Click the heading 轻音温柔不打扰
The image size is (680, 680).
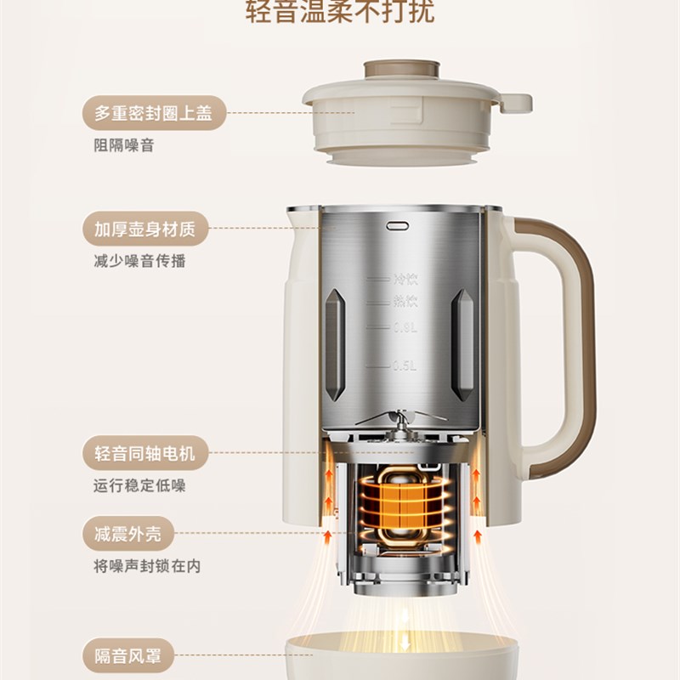coord(339,12)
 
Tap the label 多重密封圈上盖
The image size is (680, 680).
coord(153,112)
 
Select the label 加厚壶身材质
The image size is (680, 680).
coord(144,229)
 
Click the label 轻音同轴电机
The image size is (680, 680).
coord(144,453)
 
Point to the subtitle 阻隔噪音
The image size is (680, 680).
coord(124,145)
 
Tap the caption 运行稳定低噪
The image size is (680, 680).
coord(139,486)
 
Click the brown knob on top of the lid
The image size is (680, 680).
coord(401,69)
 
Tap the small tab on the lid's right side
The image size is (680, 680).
coord(515,104)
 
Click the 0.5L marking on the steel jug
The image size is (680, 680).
coord(404,366)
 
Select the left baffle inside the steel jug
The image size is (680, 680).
coord(335,344)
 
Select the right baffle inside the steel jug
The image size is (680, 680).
coord(462,344)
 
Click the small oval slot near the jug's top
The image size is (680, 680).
coord(398,226)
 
